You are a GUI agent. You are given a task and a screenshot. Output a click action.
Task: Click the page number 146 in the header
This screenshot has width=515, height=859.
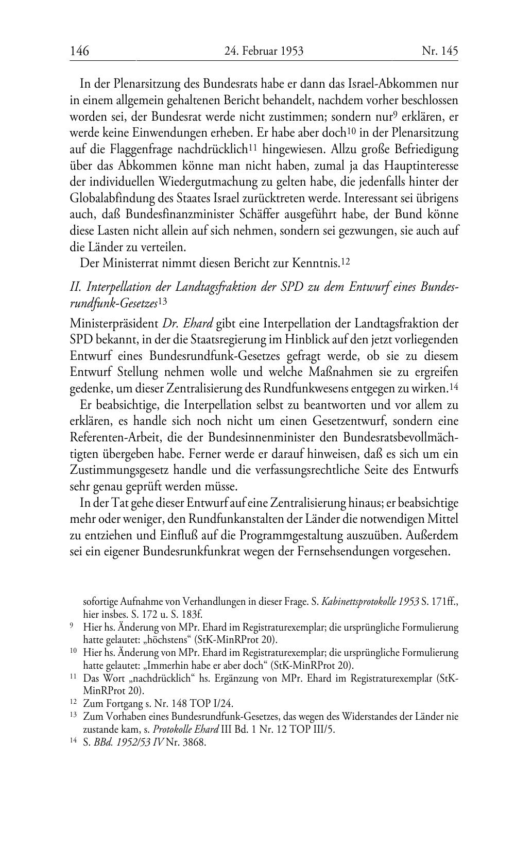79,51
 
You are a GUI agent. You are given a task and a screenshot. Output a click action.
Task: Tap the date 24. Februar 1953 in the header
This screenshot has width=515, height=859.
264,51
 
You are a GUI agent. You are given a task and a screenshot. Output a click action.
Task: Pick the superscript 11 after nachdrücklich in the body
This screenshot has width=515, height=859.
253,147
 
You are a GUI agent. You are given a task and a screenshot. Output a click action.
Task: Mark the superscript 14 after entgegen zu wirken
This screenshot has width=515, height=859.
454,387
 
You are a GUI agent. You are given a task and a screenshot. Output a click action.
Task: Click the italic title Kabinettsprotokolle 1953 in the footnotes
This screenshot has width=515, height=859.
370,602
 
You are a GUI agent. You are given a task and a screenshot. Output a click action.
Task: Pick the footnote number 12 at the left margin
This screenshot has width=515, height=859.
73,703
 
